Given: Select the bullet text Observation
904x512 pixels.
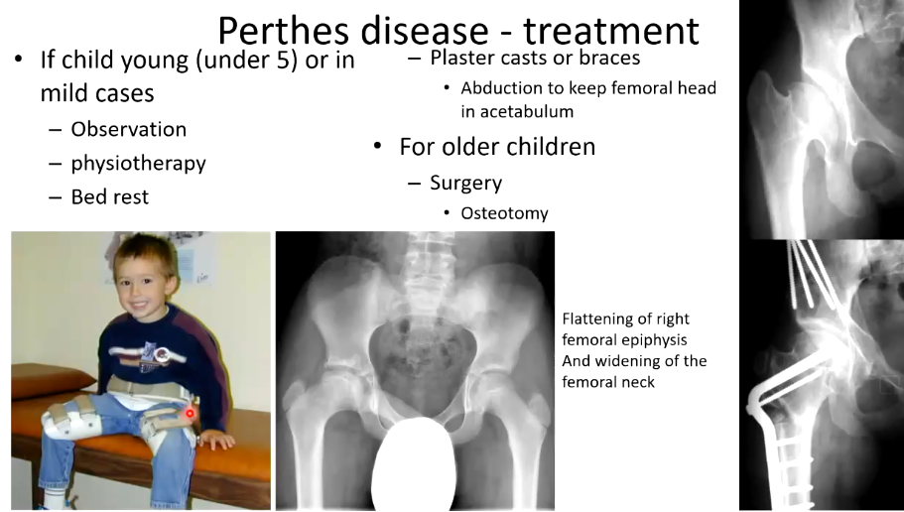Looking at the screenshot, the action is (x=129, y=129).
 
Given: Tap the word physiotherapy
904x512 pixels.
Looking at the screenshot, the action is (x=138, y=164).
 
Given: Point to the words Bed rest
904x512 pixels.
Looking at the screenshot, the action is (x=109, y=197).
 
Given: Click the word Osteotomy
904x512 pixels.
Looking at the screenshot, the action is (x=504, y=213).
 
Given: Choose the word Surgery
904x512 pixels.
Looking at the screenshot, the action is (x=465, y=184).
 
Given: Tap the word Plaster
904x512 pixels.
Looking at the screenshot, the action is (x=459, y=58).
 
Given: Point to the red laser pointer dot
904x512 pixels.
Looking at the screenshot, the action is (x=190, y=413).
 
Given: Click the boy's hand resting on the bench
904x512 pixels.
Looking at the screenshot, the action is (x=216, y=440).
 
